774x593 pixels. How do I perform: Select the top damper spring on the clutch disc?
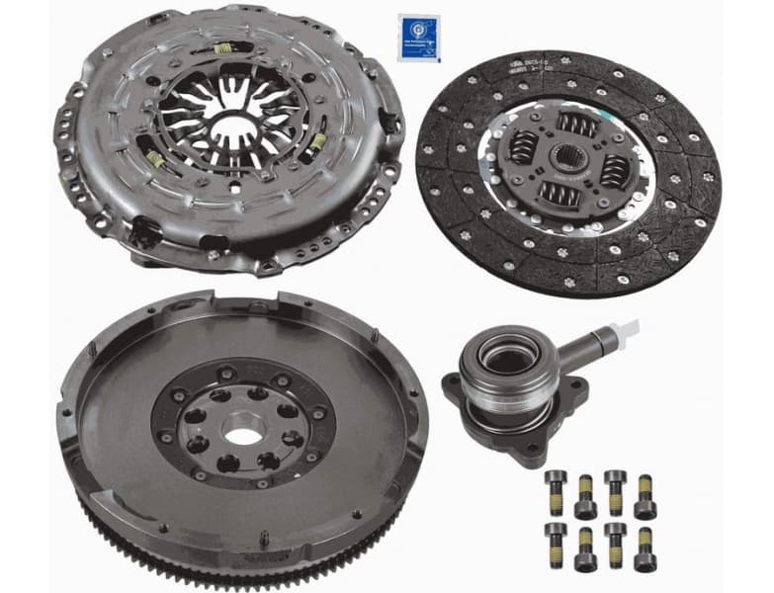[576, 125]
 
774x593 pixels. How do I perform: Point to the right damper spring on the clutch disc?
[613, 169]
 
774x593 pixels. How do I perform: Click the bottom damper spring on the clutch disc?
[561, 195]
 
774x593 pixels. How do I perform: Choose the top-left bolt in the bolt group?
[556, 481]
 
